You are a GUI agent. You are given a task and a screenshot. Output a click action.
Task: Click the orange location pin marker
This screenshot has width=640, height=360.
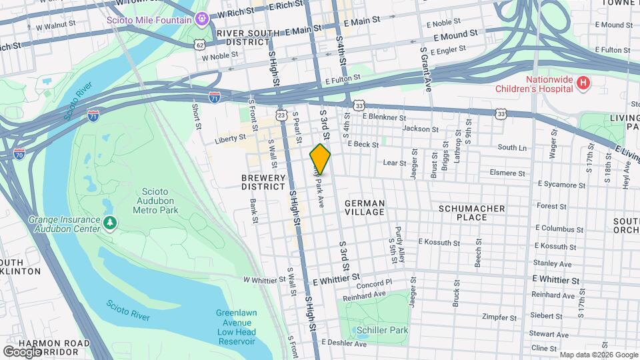click(x=320, y=159)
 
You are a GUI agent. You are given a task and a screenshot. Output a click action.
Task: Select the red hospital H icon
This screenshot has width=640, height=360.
click(x=583, y=83)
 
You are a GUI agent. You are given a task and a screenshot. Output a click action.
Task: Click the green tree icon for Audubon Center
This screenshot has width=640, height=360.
click(x=109, y=222)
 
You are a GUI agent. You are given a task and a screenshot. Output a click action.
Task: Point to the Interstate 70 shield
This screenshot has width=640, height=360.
click(x=19, y=153)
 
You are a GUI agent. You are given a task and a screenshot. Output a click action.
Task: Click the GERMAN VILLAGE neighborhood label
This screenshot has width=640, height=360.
click(x=365, y=207)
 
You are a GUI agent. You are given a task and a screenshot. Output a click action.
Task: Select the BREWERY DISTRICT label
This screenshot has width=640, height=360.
click(x=263, y=182)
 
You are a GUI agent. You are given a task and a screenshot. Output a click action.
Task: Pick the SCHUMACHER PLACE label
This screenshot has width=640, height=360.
click(x=471, y=213)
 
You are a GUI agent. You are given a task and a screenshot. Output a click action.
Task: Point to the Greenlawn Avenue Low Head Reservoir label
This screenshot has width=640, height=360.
click(x=236, y=327)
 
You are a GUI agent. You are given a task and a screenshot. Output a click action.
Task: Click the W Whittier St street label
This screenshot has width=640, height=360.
click(x=265, y=280)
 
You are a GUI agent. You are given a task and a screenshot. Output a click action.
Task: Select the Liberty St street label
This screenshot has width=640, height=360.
click(x=231, y=141)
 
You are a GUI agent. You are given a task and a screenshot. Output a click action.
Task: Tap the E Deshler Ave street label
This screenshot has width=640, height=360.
click(x=344, y=344)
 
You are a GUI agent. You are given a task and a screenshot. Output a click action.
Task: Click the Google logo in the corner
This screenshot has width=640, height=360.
click(x=22, y=351)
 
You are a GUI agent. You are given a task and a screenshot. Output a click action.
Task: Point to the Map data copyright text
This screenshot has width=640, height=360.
click(x=597, y=355)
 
